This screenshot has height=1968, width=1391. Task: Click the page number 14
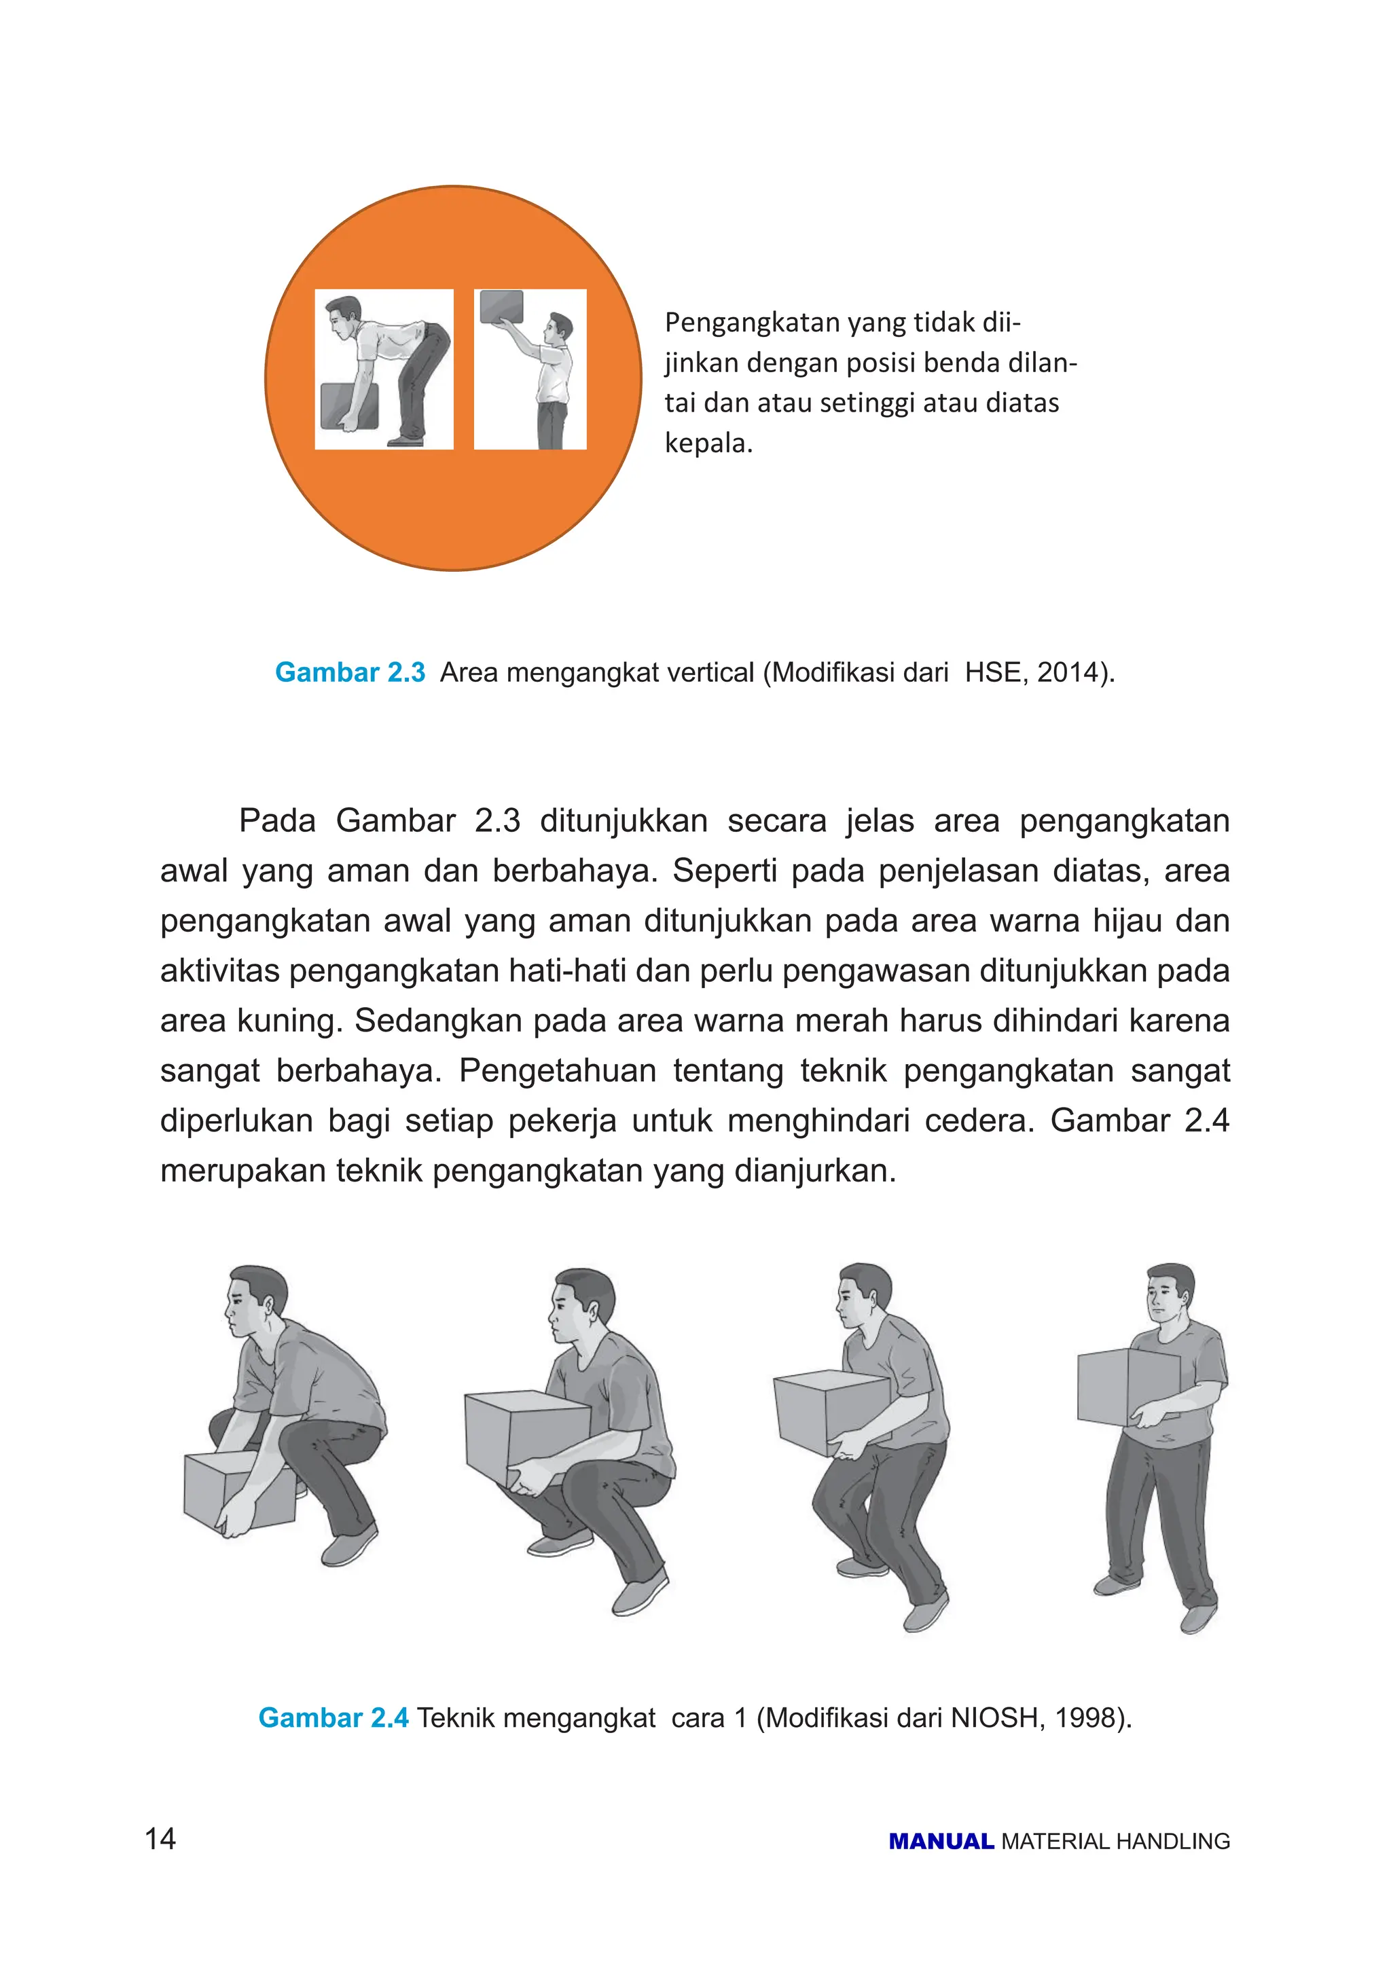click(160, 1838)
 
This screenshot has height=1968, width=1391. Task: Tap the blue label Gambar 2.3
click(350, 672)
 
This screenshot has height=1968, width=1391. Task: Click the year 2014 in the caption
click(1067, 672)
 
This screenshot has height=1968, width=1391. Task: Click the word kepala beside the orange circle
click(707, 443)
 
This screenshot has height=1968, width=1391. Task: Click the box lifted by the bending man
click(349, 405)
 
